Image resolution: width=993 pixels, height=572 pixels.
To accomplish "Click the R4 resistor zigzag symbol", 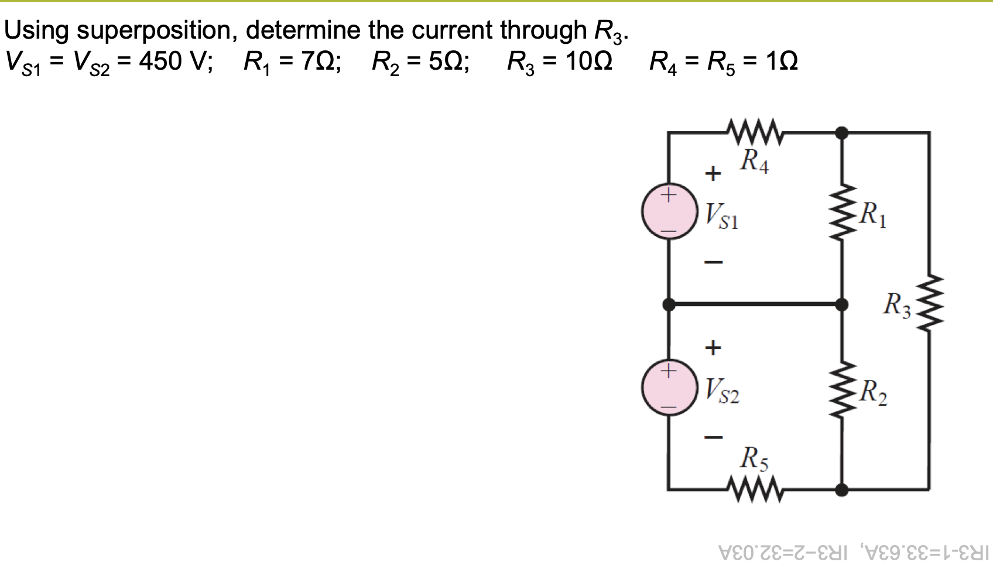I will pyautogui.click(x=754, y=132).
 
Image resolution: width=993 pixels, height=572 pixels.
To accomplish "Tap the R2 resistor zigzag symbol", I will pyautogui.click(x=842, y=389).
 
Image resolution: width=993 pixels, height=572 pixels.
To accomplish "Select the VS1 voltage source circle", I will pyautogui.click(x=669, y=212).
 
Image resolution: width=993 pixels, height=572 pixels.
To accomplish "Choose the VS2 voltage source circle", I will pyautogui.click(x=669, y=388).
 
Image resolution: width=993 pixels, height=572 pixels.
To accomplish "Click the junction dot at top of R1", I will pyautogui.click(x=842, y=133).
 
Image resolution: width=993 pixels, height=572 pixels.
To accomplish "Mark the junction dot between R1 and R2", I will pyautogui.click(x=842, y=304).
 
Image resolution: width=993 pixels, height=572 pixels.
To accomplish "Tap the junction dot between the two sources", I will pyautogui.click(x=669, y=304).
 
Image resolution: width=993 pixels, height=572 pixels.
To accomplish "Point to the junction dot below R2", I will pyautogui.click(x=842, y=489).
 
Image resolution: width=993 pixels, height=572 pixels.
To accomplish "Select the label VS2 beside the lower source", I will pyautogui.click(x=722, y=391).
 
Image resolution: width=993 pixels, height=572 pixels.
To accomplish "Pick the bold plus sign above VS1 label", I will pyautogui.click(x=713, y=173).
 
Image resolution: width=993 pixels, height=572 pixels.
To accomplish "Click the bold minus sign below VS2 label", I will pyautogui.click(x=713, y=437).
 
